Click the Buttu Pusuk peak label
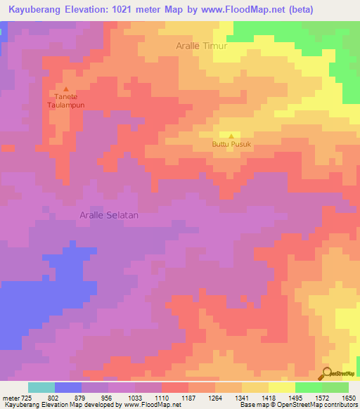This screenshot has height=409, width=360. click(x=231, y=145)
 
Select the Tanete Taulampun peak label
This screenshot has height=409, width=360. click(x=65, y=100)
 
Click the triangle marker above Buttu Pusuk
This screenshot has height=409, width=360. click(x=231, y=136)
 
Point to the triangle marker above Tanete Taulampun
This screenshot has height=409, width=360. click(x=66, y=89)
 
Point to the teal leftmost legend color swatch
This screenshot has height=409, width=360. click(x=41, y=387)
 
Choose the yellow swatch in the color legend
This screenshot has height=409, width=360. click(x=282, y=387)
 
